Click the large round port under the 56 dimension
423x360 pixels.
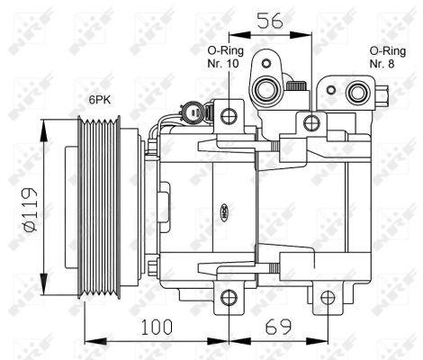click(266, 88)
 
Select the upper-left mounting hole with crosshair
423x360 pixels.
click(229, 115)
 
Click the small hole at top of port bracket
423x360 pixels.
click(265, 61)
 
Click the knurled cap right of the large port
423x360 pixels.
click(295, 86)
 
